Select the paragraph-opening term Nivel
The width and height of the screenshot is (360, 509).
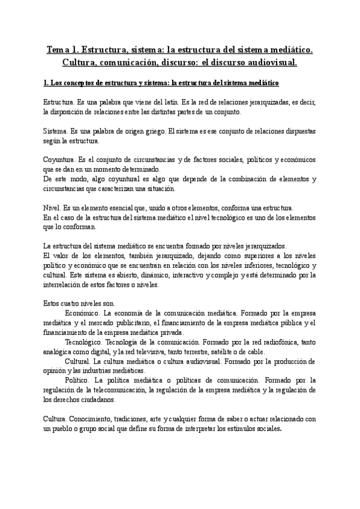coord(52,207)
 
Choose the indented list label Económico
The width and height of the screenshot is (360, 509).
coord(82,313)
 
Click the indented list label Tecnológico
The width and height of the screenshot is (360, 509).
coord(84,342)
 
